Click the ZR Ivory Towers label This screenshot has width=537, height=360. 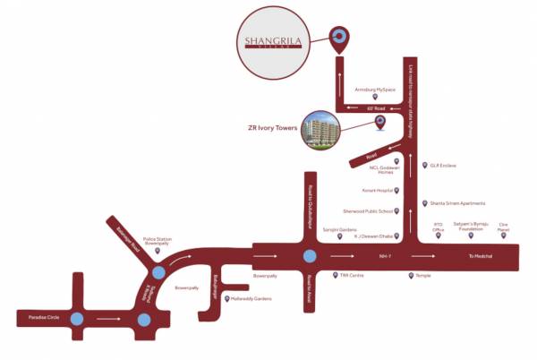coord(273,128)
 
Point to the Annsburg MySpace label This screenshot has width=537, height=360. coord(374,90)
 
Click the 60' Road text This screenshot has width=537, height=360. coord(374,107)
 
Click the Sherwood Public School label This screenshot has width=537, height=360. coord(368,211)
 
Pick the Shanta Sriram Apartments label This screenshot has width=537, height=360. coord(457,203)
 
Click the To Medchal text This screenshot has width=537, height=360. coord(481,256)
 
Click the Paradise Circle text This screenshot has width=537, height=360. coord(38,317)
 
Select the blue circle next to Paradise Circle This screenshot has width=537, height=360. coord(77,318)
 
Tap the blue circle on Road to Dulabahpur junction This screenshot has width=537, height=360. coord(309,256)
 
